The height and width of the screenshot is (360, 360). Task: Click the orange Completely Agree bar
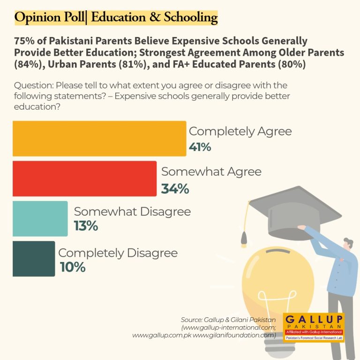pyautogui.click(x=99, y=138)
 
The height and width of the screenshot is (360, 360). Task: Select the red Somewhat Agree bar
pyautogui.click(x=84, y=179)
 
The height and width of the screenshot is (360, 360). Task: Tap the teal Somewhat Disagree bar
pyautogui.click(x=40, y=218)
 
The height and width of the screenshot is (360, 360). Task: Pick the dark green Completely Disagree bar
pyautogui.click(x=34, y=259)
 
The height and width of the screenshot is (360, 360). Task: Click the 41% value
pyautogui.click(x=200, y=147)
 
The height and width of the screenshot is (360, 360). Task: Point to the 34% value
pyautogui.click(x=175, y=189)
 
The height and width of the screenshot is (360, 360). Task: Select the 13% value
pyautogui.click(x=86, y=225)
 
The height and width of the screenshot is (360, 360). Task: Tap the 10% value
pyautogui.click(x=73, y=267)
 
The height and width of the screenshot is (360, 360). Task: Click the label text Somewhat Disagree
pyautogui.click(x=132, y=212)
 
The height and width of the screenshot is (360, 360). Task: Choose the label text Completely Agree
pyautogui.click(x=240, y=132)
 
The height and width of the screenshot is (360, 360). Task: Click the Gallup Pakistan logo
pyautogui.click(x=314, y=327)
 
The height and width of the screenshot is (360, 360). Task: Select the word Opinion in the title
pyautogui.click(x=38, y=17)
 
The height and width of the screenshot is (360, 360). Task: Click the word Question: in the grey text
pyautogui.click(x=34, y=85)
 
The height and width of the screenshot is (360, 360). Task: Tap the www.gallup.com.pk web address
pyautogui.click(x=162, y=336)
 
